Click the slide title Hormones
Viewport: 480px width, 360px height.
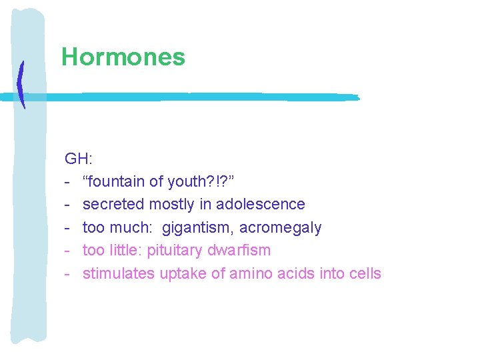[123, 57]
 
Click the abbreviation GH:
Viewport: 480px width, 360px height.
[79, 159]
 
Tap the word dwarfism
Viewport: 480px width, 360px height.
[239, 251]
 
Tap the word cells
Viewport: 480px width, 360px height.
[365, 273]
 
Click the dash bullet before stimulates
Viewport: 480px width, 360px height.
[68, 273]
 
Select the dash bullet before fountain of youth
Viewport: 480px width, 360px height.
[68, 181]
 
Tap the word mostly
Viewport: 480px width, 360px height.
[171, 204]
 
